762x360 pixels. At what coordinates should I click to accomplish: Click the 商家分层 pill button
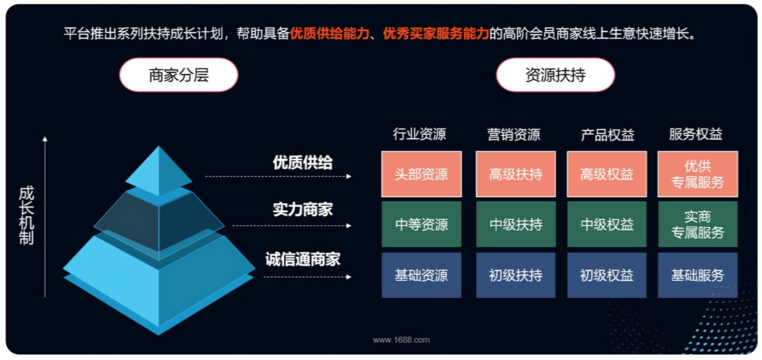[x=179, y=75]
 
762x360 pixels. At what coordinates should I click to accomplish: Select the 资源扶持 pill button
[x=555, y=75]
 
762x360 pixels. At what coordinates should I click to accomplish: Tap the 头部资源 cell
[x=421, y=174]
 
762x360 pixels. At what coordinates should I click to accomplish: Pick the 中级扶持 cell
[x=516, y=224]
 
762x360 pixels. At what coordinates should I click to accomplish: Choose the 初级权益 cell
[x=607, y=275]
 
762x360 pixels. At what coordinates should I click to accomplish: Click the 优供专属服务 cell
[x=698, y=174]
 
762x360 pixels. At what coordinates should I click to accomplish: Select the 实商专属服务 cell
[x=698, y=224]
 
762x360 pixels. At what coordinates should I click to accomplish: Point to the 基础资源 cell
[x=421, y=275]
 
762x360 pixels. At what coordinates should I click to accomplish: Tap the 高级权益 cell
[x=607, y=174]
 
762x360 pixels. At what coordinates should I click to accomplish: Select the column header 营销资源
[x=514, y=134]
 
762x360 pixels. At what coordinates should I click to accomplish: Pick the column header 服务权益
[x=696, y=134]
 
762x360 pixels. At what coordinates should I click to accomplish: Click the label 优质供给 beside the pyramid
[x=303, y=162]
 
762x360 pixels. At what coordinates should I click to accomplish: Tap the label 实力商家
[x=303, y=209]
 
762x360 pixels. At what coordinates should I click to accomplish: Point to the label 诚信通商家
[x=303, y=259]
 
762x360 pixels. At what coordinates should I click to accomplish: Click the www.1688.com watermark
[x=402, y=340]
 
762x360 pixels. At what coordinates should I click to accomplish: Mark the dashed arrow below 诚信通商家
[x=308, y=277]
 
